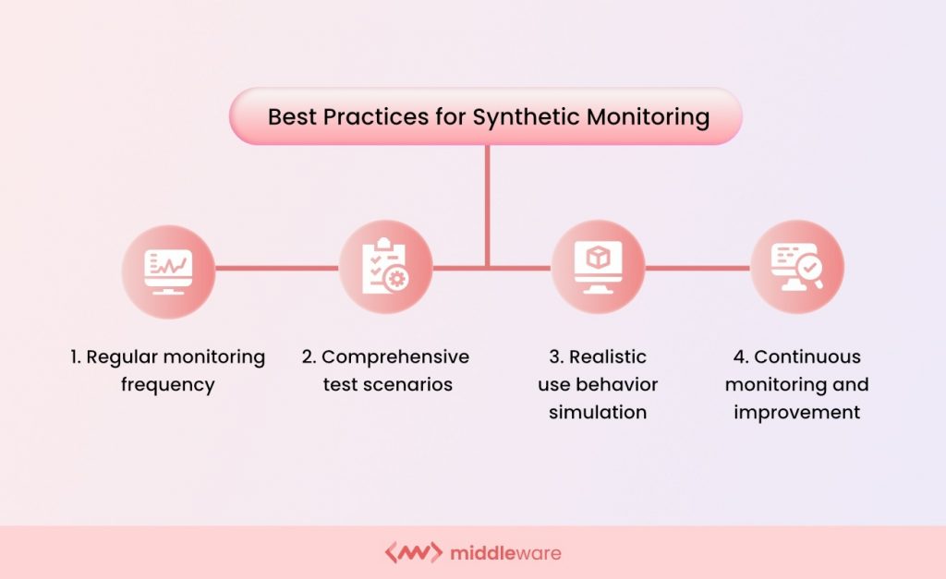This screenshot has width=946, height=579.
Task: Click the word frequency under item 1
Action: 167,384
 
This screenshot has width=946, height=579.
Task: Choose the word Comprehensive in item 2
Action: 395,356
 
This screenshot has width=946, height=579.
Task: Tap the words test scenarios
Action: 387,384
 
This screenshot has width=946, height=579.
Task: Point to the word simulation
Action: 598,412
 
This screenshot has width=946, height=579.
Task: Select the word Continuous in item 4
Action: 807,356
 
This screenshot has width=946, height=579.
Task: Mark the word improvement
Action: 796,412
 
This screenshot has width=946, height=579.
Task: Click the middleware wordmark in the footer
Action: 505,554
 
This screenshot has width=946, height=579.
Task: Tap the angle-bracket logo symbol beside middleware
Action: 412,554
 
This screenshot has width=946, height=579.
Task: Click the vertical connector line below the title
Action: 487,203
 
